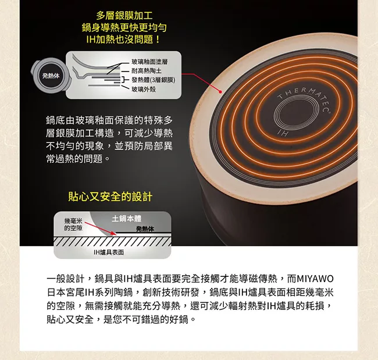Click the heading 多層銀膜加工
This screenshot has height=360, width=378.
124,16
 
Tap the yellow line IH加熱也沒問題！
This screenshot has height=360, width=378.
123,40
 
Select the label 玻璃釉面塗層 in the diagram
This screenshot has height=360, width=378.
149,62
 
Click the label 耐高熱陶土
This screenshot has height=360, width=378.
147,71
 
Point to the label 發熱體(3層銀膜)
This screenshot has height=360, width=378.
154,80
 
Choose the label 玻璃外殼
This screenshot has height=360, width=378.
144,89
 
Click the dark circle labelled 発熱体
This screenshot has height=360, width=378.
51,76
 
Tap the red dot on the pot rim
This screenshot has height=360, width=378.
220,92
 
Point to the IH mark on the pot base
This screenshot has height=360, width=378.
283,133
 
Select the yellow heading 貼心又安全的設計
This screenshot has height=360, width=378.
110,197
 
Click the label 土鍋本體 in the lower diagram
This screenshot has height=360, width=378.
127,219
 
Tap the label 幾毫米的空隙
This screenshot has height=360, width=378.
73,224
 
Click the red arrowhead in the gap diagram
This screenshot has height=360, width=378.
113,233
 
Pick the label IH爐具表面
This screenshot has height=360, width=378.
109,252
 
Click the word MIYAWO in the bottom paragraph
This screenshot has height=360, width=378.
315,279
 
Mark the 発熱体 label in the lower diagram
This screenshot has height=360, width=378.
145,229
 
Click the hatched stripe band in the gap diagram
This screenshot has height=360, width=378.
112,241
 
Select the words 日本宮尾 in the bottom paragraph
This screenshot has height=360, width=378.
66,293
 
